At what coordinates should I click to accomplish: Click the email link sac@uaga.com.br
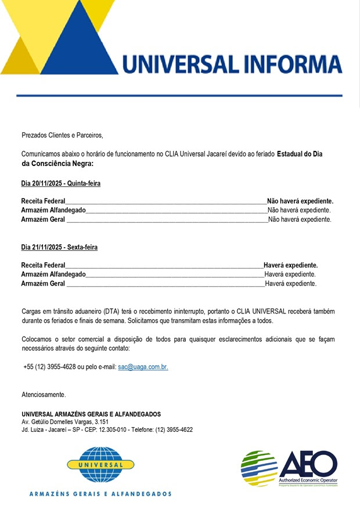[142, 367]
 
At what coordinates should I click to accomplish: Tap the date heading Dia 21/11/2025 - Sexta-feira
[59, 247]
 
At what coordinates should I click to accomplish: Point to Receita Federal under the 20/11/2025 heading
[43, 201]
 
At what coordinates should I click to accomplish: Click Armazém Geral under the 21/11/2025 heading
[43, 284]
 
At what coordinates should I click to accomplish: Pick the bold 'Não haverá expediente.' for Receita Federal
[300, 201]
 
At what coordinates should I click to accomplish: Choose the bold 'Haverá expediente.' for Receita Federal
[290, 265]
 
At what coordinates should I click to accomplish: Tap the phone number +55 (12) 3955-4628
[49, 367]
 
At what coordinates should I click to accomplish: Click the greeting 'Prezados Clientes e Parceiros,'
[62, 135]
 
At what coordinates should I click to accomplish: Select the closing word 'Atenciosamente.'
[44, 395]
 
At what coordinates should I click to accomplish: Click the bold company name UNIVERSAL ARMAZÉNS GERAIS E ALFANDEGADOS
[91, 414]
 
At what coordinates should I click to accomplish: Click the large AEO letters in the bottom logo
[308, 464]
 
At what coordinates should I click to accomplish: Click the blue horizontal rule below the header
[179, 95]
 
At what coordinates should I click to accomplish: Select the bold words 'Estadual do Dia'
[299, 154]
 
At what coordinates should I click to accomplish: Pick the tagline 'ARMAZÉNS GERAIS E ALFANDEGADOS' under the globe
[100, 494]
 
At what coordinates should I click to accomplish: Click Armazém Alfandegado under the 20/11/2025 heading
[53, 210]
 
